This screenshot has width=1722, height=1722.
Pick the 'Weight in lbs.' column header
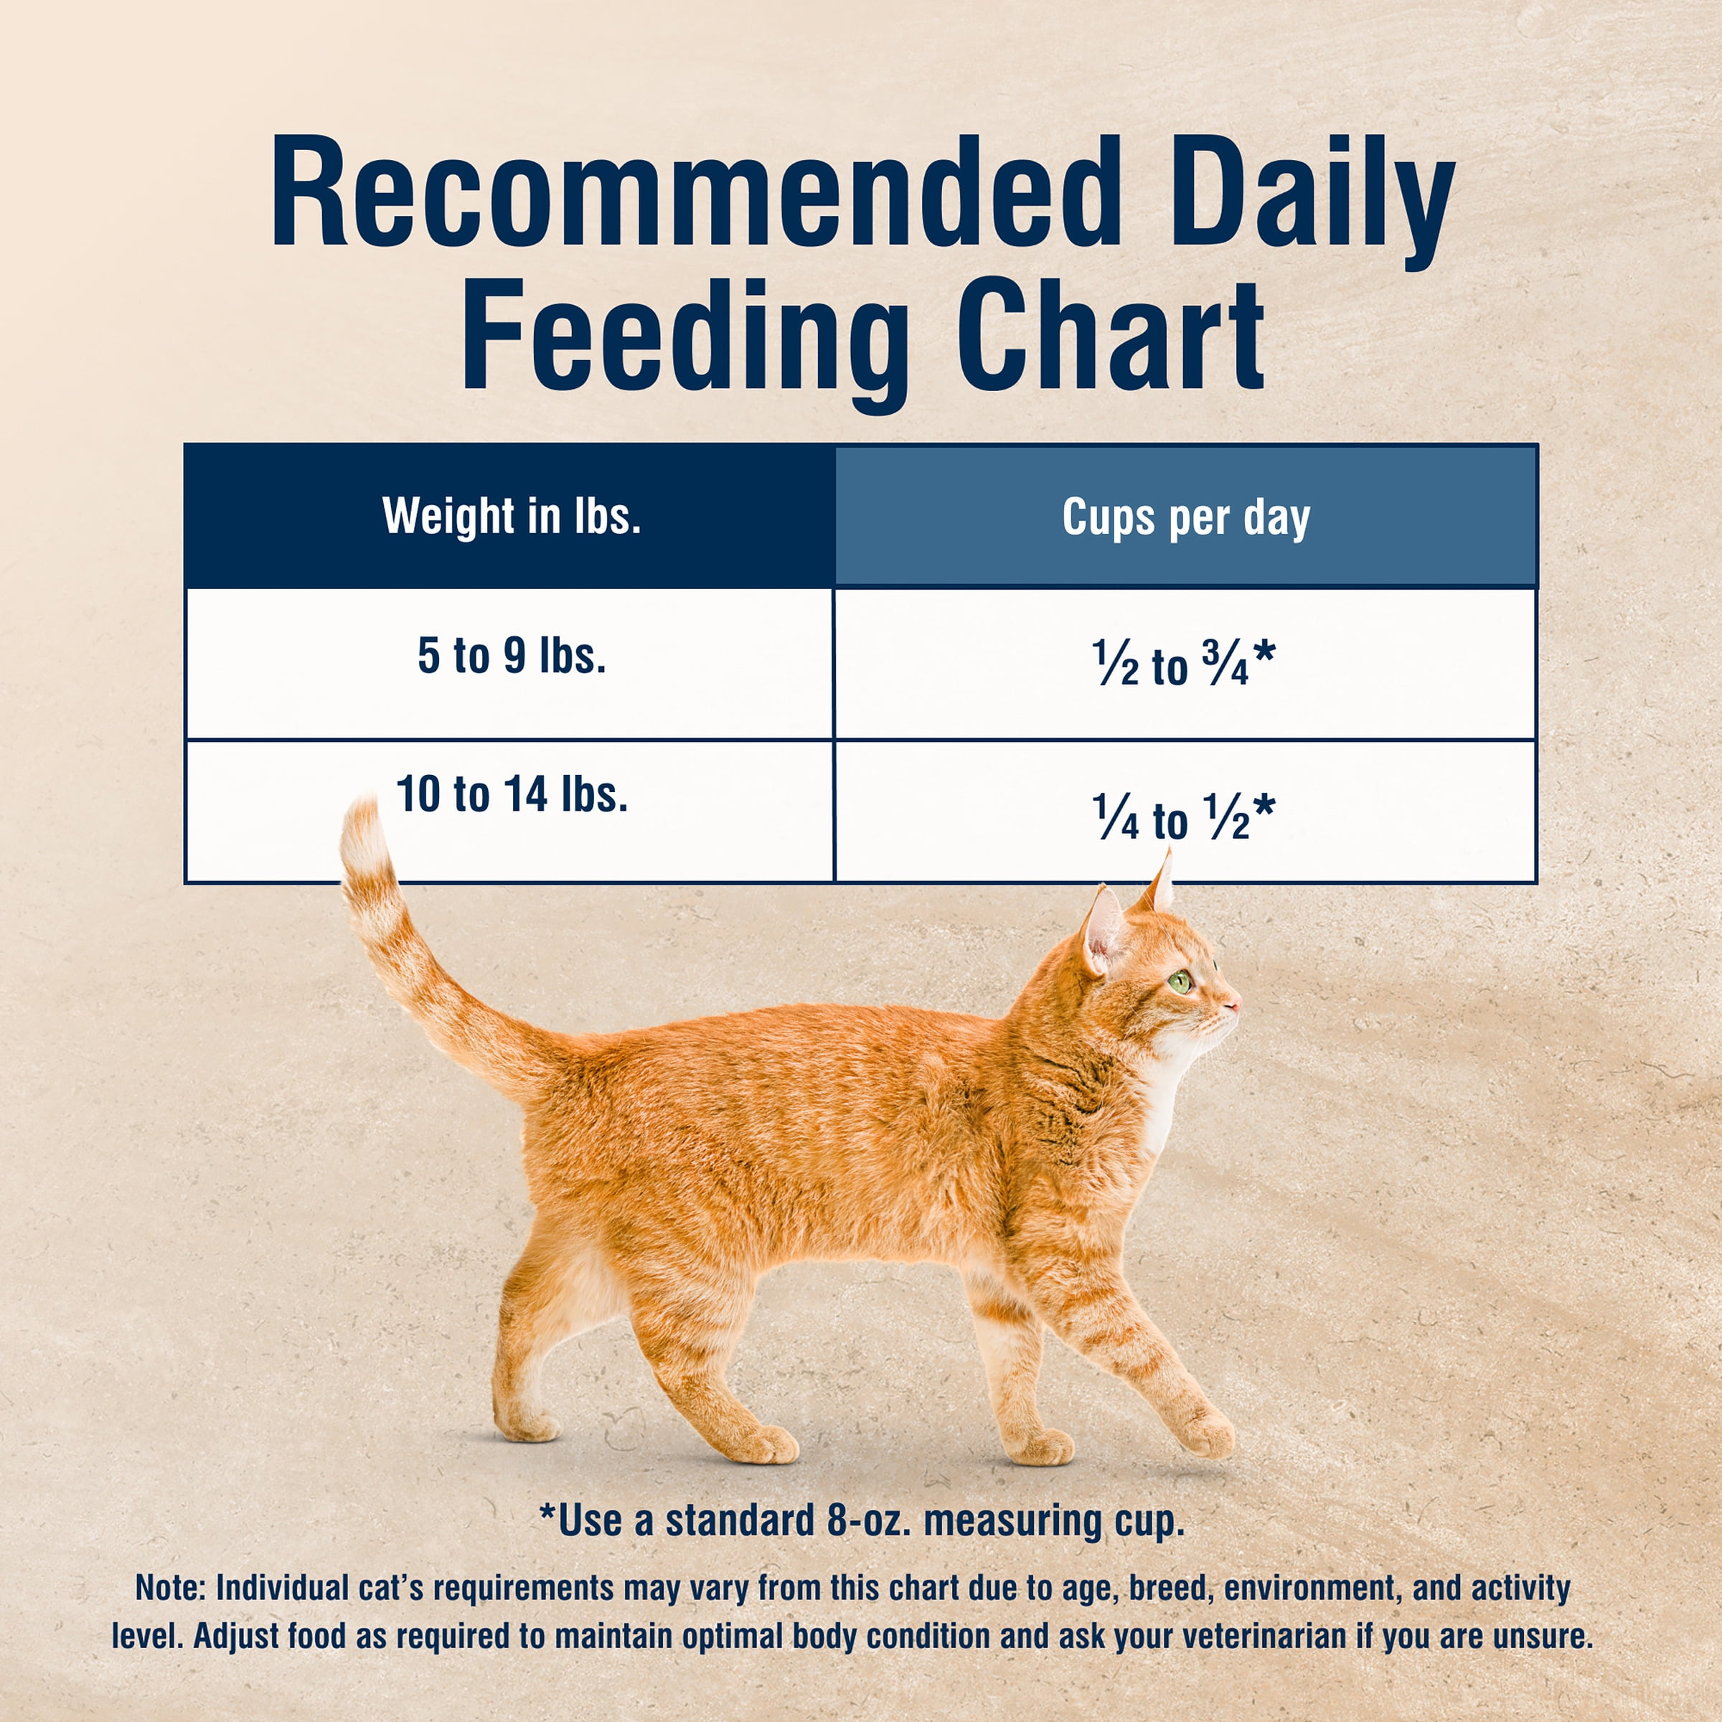512,516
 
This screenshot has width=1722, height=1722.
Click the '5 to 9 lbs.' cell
512,657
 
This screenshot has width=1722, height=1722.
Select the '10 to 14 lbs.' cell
512,794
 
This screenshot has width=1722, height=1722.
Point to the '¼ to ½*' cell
1184,818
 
